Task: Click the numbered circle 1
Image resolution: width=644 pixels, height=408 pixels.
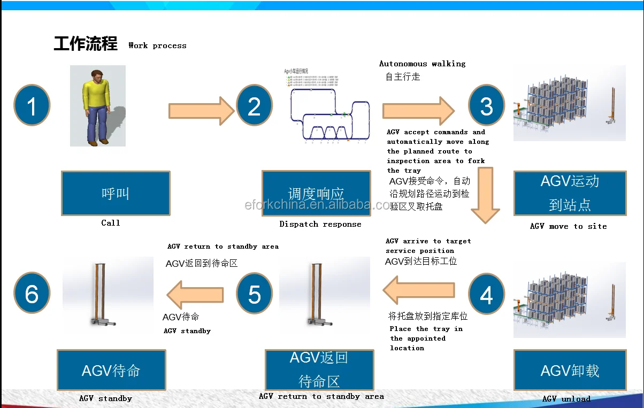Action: (32, 105)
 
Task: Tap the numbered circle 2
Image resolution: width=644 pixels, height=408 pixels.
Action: (254, 105)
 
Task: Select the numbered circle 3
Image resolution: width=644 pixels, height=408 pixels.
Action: (486, 105)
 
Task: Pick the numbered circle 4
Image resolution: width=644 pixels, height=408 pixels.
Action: (486, 295)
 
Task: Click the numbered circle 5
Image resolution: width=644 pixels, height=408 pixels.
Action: (254, 295)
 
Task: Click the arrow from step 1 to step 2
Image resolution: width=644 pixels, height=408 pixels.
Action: (202, 111)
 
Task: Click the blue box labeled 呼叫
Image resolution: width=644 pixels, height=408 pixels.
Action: (116, 193)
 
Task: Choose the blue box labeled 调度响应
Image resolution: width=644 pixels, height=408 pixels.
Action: (316, 193)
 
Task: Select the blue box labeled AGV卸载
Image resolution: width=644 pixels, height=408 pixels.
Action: (570, 371)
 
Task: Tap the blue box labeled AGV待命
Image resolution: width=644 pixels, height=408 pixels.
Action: (111, 371)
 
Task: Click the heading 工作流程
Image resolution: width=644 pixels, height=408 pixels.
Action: (86, 44)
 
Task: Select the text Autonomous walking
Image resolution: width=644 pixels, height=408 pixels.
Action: (422, 64)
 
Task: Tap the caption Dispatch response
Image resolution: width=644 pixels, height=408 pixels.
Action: (320, 224)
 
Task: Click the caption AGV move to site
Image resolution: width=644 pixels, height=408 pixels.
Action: (568, 226)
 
